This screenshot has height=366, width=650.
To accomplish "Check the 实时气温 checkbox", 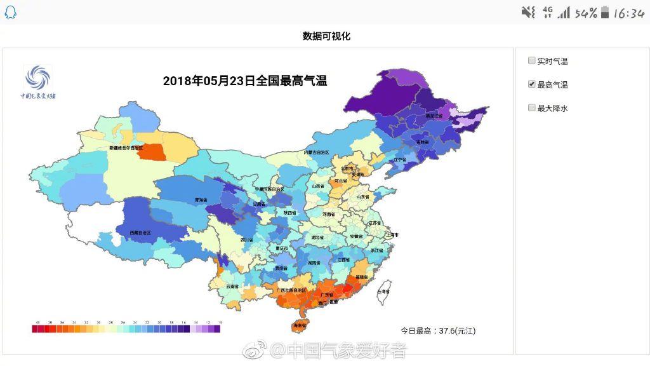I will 532,61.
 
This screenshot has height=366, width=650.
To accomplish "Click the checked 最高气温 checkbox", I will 532,85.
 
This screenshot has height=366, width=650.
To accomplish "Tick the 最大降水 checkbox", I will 532,108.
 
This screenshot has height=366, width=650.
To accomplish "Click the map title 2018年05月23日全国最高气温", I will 245,81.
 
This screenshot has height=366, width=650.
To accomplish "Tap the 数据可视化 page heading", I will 326,36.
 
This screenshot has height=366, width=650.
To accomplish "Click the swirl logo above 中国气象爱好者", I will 37,79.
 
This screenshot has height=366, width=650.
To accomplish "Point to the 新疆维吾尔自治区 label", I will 126,147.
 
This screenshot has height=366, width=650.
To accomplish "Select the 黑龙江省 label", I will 434,116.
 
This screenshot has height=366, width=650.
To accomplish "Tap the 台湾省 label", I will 383,291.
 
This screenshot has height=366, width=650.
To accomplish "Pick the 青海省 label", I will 201,200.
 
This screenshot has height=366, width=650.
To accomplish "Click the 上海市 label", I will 391,235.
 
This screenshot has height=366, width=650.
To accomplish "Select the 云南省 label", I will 232,287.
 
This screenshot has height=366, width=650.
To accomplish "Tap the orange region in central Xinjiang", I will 153,152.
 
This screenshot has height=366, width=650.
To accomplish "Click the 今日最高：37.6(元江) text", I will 438,330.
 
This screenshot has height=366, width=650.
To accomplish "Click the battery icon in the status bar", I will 605,12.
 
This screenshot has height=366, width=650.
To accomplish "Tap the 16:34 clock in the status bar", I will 628,13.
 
